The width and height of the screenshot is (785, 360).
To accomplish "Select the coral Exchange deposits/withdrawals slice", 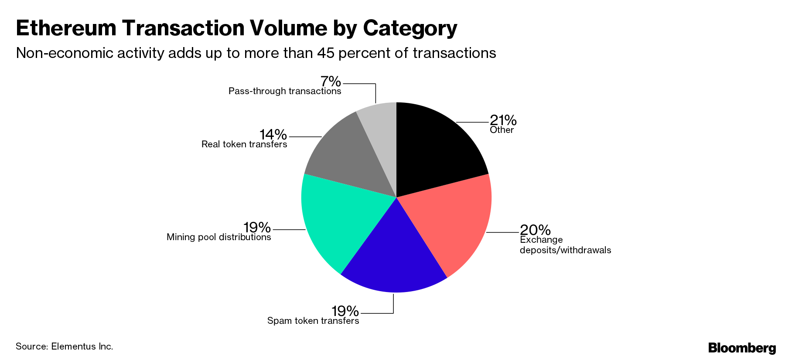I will [x=454, y=222].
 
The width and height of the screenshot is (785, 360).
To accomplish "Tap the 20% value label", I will [x=535, y=229].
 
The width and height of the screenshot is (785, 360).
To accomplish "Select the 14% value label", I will [x=273, y=134].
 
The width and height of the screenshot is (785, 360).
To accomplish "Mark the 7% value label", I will [x=330, y=81].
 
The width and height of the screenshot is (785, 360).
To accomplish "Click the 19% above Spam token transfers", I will [x=345, y=311].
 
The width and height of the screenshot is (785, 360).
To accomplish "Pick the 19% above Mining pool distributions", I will [x=257, y=227].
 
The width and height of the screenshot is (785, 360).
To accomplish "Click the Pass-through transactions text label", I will [x=285, y=91].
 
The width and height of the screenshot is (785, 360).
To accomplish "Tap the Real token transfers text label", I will [x=244, y=144].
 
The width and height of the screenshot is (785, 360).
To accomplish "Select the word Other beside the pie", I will [x=502, y=130].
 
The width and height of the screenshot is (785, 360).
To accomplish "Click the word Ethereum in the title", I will [x=66, y=28].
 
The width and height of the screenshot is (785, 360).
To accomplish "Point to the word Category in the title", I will [x=410, y=28].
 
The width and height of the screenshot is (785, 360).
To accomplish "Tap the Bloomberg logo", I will [x=742, y=348].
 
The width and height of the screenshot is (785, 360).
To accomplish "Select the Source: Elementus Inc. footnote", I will [x=65, y=346].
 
